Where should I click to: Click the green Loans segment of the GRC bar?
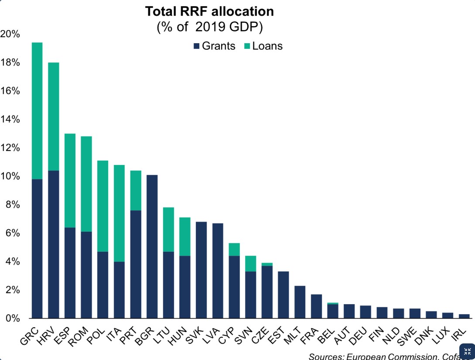click(37, 111)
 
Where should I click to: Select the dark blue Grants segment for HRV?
click(54, 244)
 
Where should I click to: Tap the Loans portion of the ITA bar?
click(120, 213)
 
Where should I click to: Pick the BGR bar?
click(152, 247)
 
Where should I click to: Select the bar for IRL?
click(465, 316)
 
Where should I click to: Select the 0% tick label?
click(13, 319)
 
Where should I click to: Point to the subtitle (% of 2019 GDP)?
click(209, 27)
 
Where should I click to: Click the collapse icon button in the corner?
click(467, 352)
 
